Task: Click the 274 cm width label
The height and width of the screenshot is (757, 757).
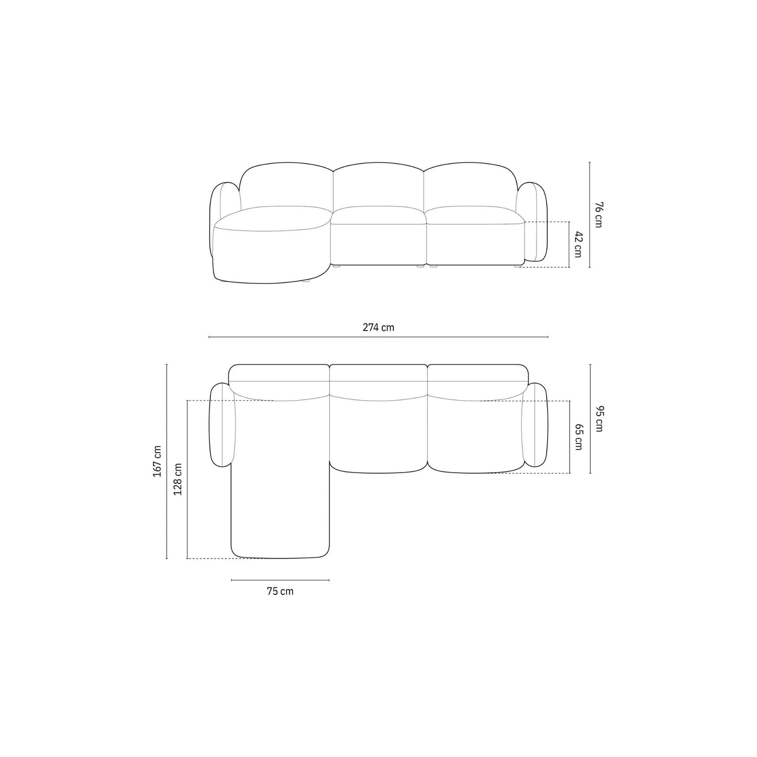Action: pos(378,327)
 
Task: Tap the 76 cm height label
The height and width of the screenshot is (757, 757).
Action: pos(598,215)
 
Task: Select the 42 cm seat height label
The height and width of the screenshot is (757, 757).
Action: pos(578,245)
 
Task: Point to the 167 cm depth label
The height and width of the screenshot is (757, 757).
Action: pos(157,461)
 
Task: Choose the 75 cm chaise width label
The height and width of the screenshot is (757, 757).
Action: pos(280,602)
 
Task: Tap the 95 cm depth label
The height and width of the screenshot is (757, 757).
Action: pos(598,419)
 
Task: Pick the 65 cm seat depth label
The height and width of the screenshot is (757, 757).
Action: pos(578,436)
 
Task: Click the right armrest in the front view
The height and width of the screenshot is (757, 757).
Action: pos(532,222)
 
